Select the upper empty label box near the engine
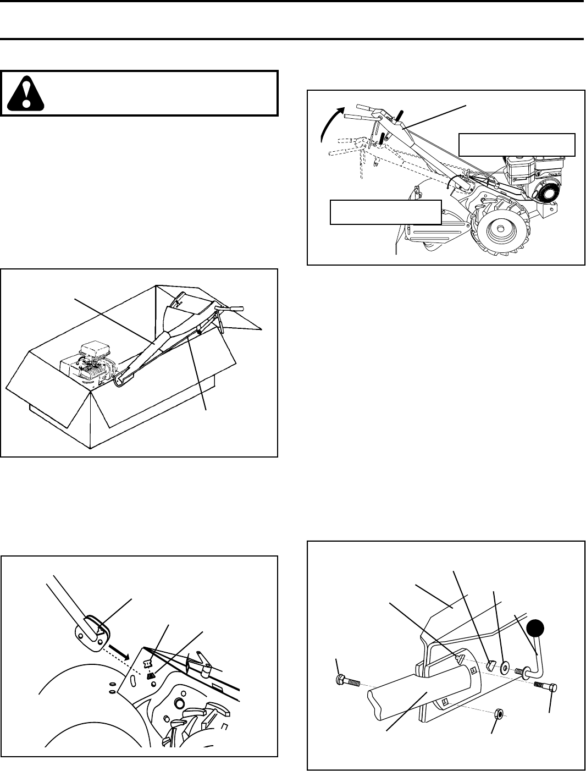517,144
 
